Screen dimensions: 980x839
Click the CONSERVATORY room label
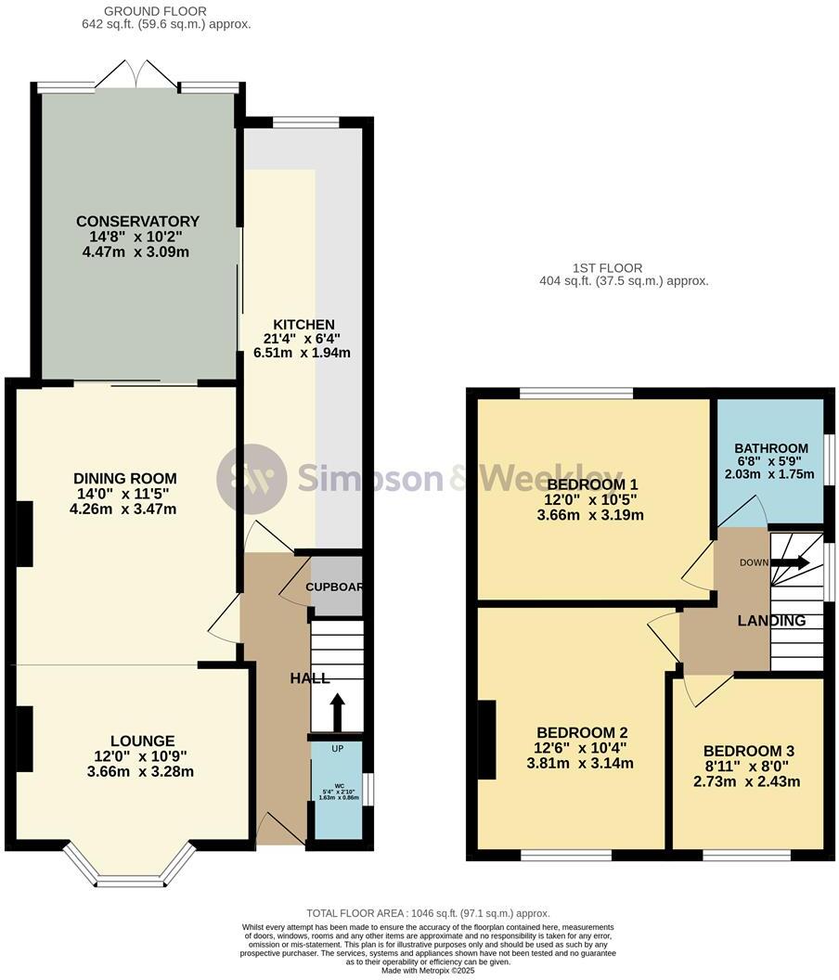[x=137, y=221]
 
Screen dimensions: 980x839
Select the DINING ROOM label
[x=125, y=478]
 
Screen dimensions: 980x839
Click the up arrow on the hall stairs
[x=336, y=712]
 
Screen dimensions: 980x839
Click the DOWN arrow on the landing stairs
[x=790, y=562]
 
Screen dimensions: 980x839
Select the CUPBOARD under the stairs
[x=336, y=587]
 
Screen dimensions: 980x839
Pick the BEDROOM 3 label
[x=748, y=751]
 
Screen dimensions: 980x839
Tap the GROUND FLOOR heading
[x=142, y=11]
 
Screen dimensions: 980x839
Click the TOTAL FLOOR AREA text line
[x=428, y=913]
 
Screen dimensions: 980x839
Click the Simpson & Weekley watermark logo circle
[x=252, y=479]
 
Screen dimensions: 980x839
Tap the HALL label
[x=310, y=678]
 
